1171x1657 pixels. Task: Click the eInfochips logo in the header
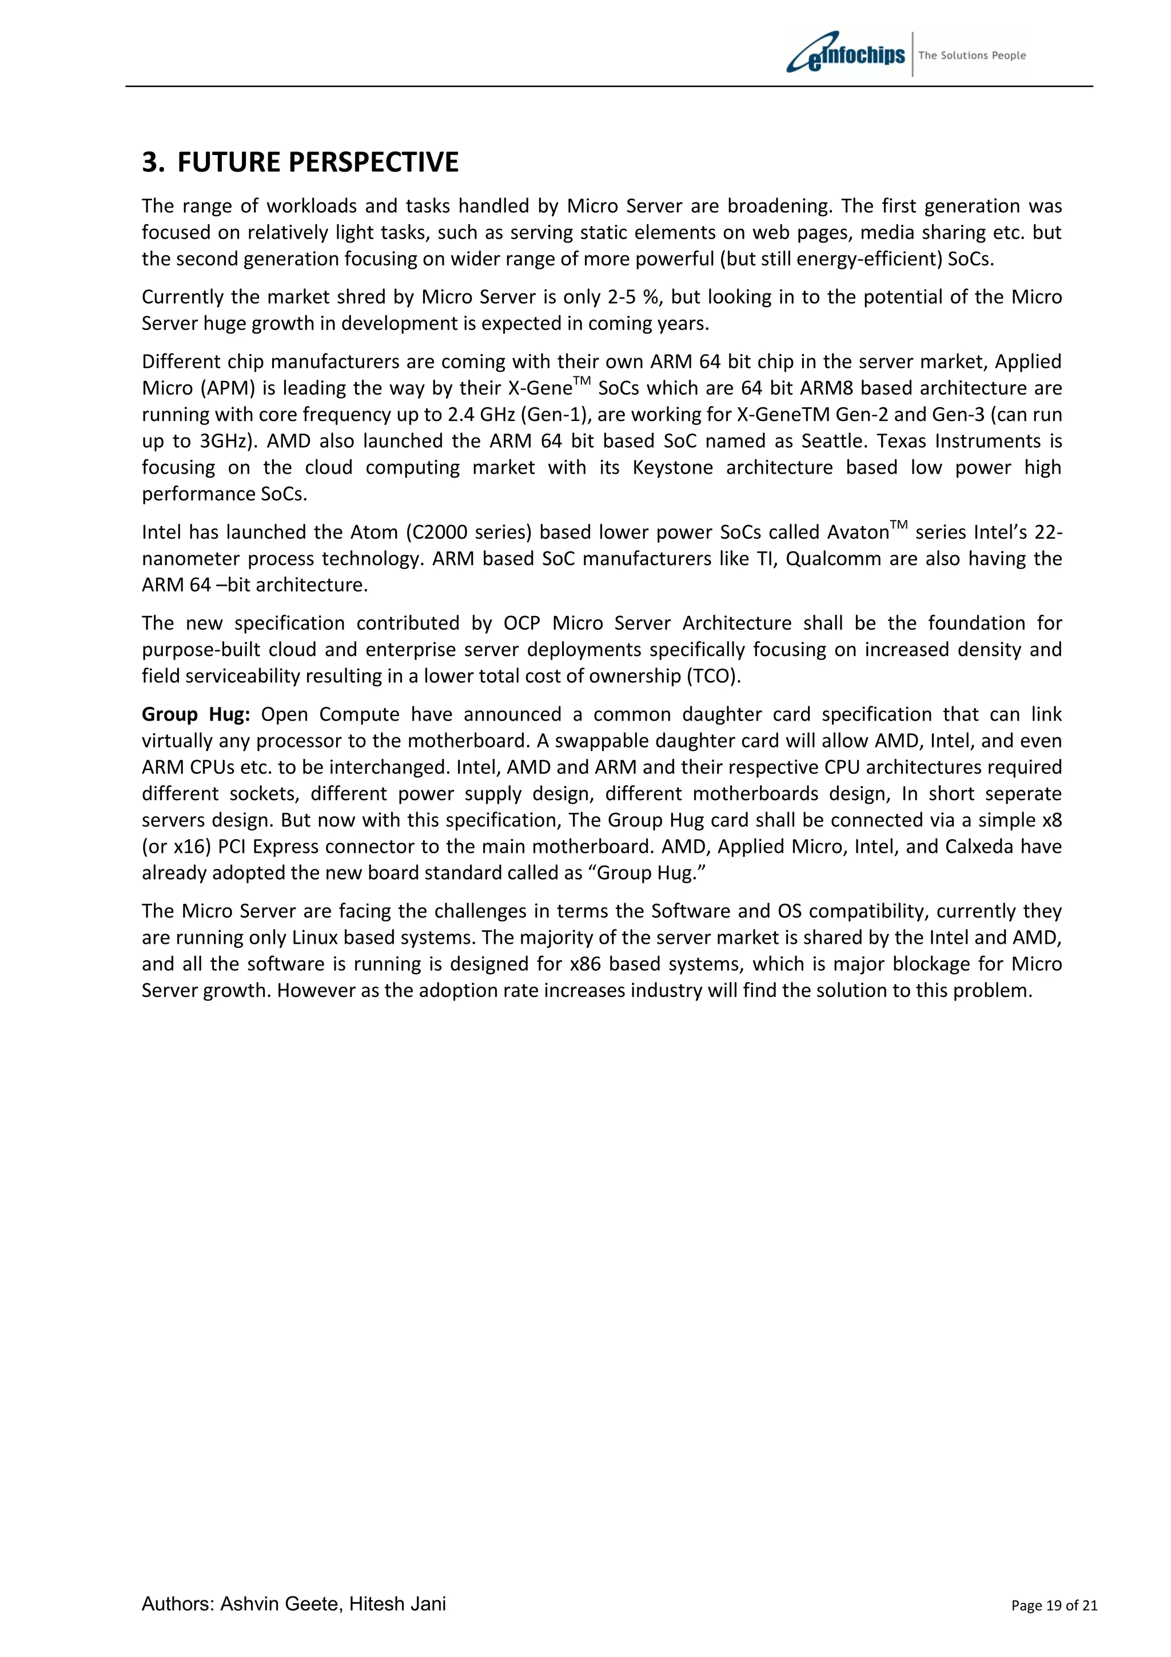click(846, 53)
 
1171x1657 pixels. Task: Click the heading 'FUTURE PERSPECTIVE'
click(317, 162)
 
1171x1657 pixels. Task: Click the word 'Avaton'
click(857, 533)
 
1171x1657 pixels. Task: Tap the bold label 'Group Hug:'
click(196, 714)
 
